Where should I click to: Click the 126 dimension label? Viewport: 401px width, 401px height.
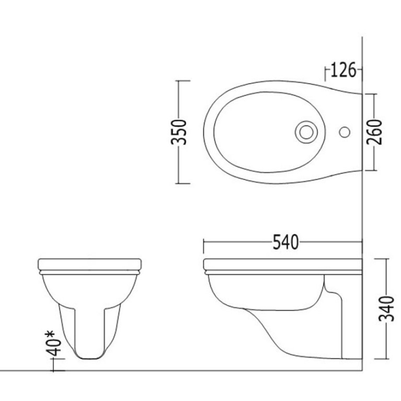pyautogui.click(x=343, y=70)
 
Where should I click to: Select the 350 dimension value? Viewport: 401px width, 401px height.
pyautogui.click(x=179, y=132)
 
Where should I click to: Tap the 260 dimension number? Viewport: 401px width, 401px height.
pyautogui.click(x=374, y=132)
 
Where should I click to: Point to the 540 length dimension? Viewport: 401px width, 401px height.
pyautogui.click(x=285, y=242)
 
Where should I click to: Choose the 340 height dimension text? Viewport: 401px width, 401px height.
pyautogui.click(x=386, y=308)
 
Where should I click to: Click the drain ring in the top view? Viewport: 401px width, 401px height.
pyautogui.click(x=306, y=132)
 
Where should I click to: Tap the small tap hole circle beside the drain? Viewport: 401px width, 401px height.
pyautogui.click(x=345, y=132)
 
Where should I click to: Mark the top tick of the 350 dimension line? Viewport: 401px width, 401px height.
pyautogui.click(x=183, y=81)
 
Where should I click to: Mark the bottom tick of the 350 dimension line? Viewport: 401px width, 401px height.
pyautogui.click(x=183, y=184)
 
